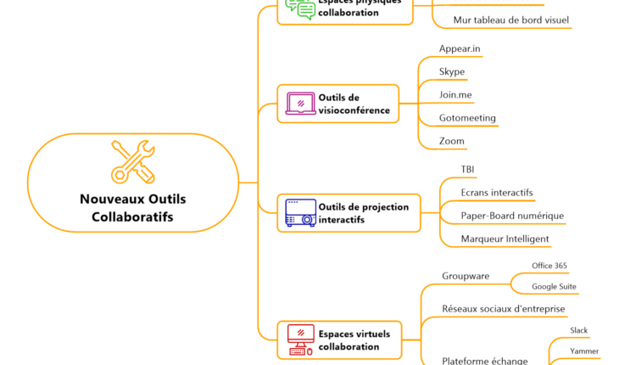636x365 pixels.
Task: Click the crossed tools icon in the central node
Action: tap(133, 161)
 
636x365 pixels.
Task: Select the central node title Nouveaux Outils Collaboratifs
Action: tap(132, 208)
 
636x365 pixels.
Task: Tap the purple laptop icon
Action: tap(300, 104)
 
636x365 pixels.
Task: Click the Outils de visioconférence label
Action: tap(354, 104)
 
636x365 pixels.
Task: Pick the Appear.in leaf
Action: tap(460, 48)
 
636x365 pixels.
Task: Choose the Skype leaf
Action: tap(452, 71)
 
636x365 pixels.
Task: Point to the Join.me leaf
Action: tap(455, 94)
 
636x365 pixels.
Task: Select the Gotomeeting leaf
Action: tap(467, 118)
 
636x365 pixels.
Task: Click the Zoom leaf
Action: tap(452, 141)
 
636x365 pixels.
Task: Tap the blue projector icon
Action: tap(300, 213)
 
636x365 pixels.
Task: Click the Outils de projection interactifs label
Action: tap(363, 213)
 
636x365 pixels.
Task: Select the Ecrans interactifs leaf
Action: tap(497, 193)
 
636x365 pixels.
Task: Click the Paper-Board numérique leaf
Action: tap(512, 216)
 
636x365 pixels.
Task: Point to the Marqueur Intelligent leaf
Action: tap(505, 239)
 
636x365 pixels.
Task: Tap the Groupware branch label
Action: tap(465, 276)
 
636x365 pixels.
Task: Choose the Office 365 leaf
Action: tap(550, 266)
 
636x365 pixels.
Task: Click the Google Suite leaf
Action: tap(554, 287)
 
